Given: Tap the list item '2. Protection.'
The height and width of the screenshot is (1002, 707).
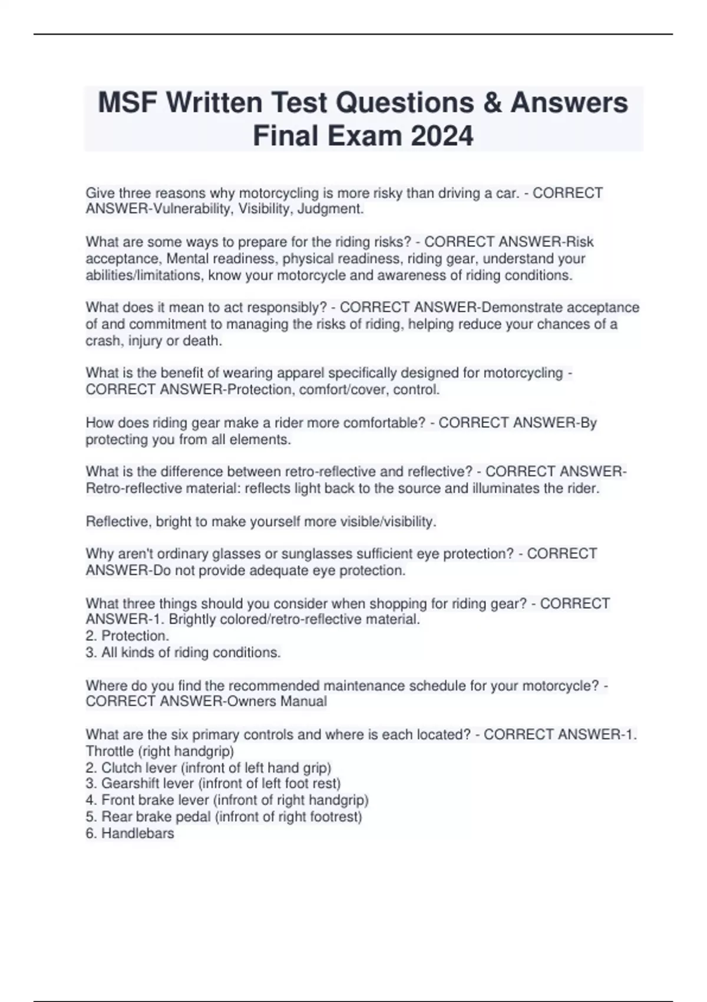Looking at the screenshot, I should coord(127,636).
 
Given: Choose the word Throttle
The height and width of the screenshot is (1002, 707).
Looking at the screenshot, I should coord(110,751).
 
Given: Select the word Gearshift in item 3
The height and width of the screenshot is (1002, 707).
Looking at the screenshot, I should coord(130,783).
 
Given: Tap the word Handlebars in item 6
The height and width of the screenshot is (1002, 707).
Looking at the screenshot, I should coord(138,833).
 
